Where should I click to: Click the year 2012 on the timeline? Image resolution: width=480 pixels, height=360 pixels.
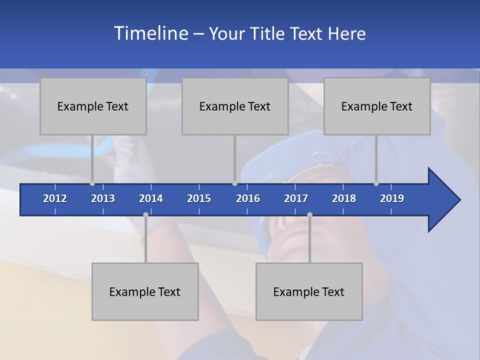tap(55, 198)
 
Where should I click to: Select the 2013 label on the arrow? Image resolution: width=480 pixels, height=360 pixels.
tap(103, 198)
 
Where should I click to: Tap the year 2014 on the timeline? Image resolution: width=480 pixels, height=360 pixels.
tap(151, 198)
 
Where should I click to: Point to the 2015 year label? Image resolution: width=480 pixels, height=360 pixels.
tap(199, 198)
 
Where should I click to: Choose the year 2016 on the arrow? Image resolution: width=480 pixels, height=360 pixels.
tap(248, 198)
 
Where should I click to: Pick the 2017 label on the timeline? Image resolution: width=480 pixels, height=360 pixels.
tap(296, 198)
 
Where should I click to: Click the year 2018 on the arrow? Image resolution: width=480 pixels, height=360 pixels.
tap(344, 198)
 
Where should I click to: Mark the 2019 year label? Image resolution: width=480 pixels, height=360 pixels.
tap(392, 198)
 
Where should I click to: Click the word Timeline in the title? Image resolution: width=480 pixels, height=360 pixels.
tap(150, 33)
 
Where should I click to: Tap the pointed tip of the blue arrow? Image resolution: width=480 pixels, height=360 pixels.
tap(459, 200)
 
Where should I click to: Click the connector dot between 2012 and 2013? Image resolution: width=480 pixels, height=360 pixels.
tap(92, 183)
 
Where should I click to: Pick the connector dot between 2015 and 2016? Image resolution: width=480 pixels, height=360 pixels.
tap(234, 183)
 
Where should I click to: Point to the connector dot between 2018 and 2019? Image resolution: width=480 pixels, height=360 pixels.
tap(376, 183)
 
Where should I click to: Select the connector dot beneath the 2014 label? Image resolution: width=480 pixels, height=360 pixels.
tap(145, 214)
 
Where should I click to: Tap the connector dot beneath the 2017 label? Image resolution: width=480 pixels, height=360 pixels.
tap(309, 214)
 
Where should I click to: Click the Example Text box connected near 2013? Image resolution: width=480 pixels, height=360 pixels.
tap(93, 106)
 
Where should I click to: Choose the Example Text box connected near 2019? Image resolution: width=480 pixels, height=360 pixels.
tap(377, 106)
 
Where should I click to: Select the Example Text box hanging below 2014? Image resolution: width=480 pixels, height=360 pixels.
tap(145, 291)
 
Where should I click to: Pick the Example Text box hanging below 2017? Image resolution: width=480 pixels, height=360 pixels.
tap(309, 291)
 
